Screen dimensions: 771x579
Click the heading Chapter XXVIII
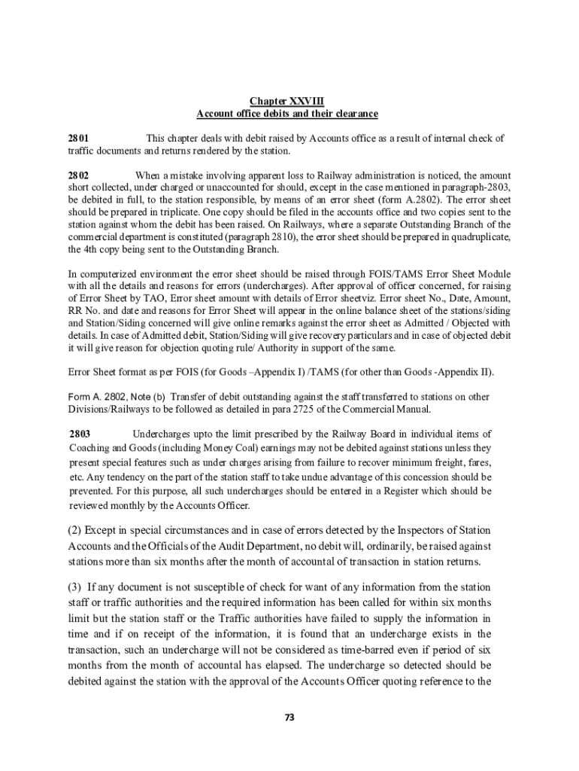(286, 101)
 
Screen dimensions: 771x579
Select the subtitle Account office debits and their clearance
(286, 114)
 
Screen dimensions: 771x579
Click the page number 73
(289, 717)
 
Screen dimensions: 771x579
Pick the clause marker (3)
(75, 587)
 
